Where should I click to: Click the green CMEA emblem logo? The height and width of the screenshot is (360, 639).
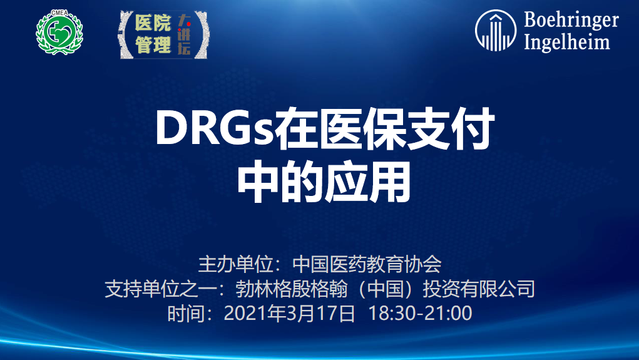point(59,32)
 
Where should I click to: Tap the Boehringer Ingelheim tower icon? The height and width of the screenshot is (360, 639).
point(496,31)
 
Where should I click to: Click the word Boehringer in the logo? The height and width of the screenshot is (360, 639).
point(571,20)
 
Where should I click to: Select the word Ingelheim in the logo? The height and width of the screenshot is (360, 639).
point(567,42)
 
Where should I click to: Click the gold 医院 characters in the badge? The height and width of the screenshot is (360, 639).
point(153,23)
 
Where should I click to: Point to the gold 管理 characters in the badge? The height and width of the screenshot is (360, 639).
point(153,44)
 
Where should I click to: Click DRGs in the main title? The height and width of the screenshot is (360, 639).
point(215,128)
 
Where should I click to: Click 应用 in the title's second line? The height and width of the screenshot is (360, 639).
point(367,182)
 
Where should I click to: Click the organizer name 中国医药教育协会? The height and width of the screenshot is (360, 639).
point(367,264)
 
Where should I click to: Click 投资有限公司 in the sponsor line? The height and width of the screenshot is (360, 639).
point(478,289)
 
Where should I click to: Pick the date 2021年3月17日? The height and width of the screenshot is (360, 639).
point(289,314)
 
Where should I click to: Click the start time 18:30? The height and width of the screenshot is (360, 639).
point(392,314)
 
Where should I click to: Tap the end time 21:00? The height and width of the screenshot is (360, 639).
point(448,314)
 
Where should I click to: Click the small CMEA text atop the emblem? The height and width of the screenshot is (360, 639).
point(59,13)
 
